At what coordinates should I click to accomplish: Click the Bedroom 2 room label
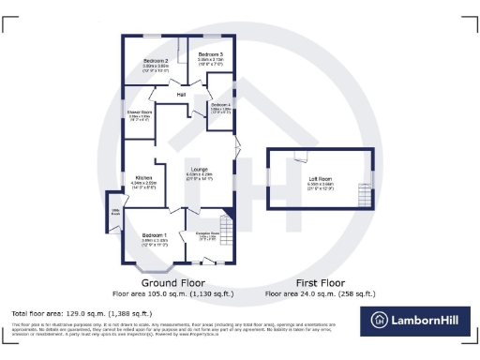(156, 62)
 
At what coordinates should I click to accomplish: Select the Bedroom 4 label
(221, 105)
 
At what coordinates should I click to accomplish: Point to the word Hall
(182, 94)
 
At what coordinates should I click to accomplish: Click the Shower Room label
(140, 112)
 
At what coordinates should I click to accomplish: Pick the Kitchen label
(143, 177)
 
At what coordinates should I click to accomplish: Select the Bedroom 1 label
(155, 234)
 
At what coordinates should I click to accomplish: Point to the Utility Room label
(116, 212)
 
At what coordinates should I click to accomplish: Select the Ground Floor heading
(173, 282)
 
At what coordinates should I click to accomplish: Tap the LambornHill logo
(417, 319)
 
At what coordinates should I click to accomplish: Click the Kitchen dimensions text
(143, 184)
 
